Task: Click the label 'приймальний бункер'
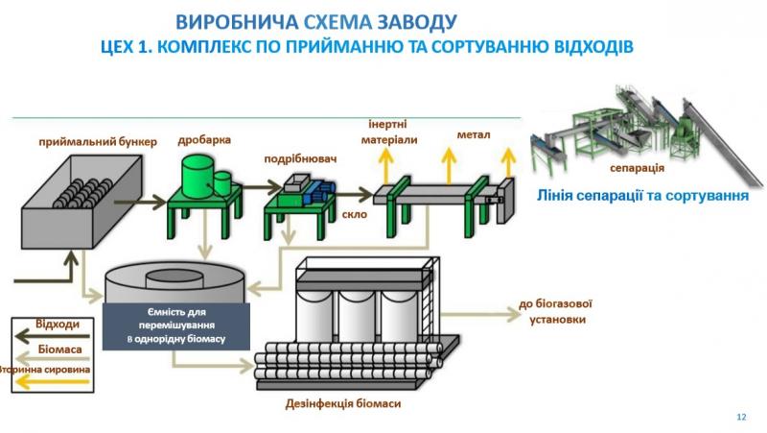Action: click(x=98, y=142)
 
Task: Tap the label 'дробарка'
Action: click(x=204, y=140)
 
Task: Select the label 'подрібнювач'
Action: click(x=300, y=159)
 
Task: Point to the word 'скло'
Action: click(x=354, y=214)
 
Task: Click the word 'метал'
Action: click(x=474, y=134)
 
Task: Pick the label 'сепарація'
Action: click(x=637, y=168)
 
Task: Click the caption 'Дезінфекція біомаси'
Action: click(x=343, y=404)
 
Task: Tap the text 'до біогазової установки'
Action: click(x=556, y=311)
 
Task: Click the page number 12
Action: click(x=741, y=417)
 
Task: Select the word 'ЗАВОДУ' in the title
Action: click(x=417, y=22)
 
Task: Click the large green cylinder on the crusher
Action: click(x=198, y=177)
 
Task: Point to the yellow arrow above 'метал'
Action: click(x=449, y=166)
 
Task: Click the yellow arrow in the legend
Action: click(x=53, y=382)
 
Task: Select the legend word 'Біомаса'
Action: click(x=59, y=349)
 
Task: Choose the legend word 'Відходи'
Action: click(x=58, y=325)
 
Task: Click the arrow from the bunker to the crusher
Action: click(x=140, y=202)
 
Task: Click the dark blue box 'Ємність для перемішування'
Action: click(x=176, y=326)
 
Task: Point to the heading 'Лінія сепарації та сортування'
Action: click(x=642, y=196)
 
